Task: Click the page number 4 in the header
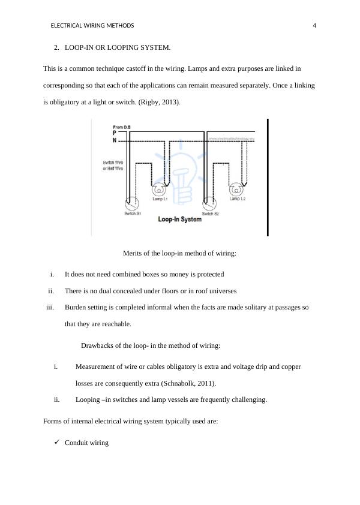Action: pos(314,26)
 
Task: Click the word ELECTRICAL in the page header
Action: pos(67,26)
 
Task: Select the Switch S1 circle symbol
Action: pos(131,203)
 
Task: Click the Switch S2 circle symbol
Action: pos(209,203)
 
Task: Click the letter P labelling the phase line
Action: pos(115,133)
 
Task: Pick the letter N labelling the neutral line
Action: pos(115,140)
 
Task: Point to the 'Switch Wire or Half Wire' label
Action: pos(113,166)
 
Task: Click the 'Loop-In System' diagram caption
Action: pos(180,220)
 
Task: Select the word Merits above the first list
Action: pos(134,253)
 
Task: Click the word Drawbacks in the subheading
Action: pos(98,345)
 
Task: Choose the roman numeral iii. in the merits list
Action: pos(50,307)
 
